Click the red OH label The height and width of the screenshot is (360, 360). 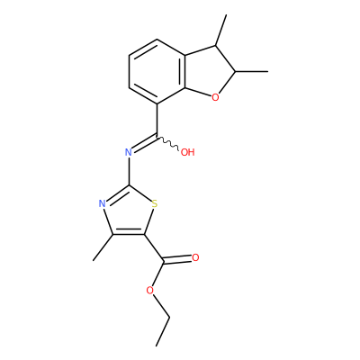[x=188, y=152]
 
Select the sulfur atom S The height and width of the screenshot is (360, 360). [x=155, y=204]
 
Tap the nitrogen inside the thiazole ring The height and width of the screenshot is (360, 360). [x=103, y=204]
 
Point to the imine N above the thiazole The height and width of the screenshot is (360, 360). [x=129, y=152]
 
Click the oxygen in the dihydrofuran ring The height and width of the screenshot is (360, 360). [x=215, y=97]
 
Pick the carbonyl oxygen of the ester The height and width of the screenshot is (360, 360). [x=195, y=257]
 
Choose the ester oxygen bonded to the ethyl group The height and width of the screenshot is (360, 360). [x=150, y=290]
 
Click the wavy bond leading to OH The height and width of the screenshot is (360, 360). [x=168, y=143]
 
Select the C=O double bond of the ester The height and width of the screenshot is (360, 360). [x=177, y=260]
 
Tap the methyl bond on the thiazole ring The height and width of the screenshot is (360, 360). [x=103, y=247]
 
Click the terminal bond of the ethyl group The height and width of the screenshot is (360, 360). [x=163, y=331]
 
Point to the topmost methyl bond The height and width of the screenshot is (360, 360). [x=220, y=30]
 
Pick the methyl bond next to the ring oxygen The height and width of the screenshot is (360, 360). [x=251, y=72]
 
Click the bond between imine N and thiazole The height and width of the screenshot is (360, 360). [x=129, y=171]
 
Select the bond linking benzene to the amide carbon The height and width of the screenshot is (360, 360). [x=157, y=121]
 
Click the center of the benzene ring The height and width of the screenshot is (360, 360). [x=157, y=72]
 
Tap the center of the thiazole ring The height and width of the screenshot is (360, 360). [x=129, y=212]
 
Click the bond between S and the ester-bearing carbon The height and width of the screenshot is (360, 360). [x=149, y=221]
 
